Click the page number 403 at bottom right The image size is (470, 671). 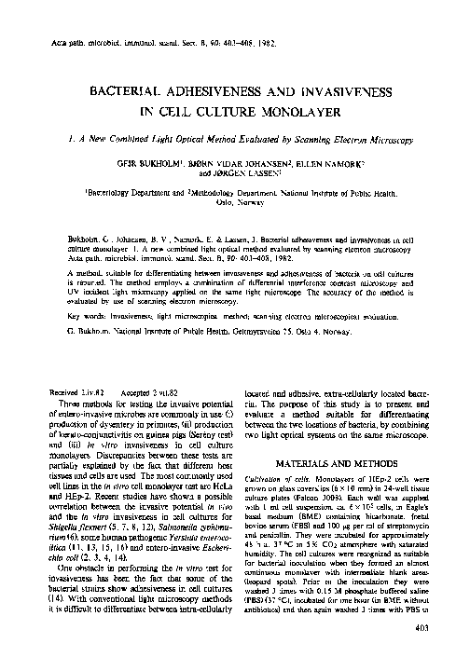[x=444, y=654]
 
